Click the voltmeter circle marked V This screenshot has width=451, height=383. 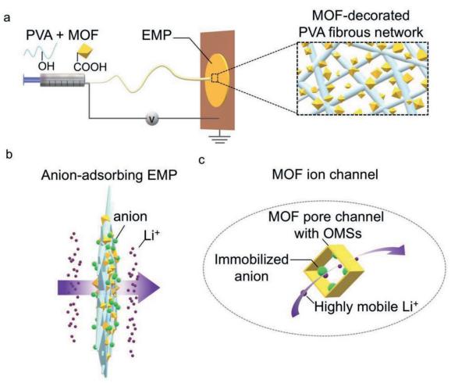(152, 119)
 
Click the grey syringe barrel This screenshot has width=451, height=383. (62, 80)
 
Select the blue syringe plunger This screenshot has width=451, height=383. (32, 80)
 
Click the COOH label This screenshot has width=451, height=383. (90, 67)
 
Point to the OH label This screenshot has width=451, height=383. (46, 66)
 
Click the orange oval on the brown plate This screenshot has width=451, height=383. (217, 80)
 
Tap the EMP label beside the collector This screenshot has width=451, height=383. (157, 35)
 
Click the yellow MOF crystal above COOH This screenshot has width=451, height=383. (85, 51)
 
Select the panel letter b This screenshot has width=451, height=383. (9, 155)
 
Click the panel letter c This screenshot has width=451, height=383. (202, 160)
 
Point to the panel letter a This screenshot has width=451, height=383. (6, 17)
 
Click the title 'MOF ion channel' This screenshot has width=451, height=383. (325, 174)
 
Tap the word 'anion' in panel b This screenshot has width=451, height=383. (130, 217)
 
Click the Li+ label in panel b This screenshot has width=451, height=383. (151, 236)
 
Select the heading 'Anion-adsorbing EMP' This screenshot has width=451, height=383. (109, 175)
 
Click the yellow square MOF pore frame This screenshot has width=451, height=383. (334, 271)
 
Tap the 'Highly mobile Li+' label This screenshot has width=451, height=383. (366, 306)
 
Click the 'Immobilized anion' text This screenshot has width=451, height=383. (251, 268)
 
